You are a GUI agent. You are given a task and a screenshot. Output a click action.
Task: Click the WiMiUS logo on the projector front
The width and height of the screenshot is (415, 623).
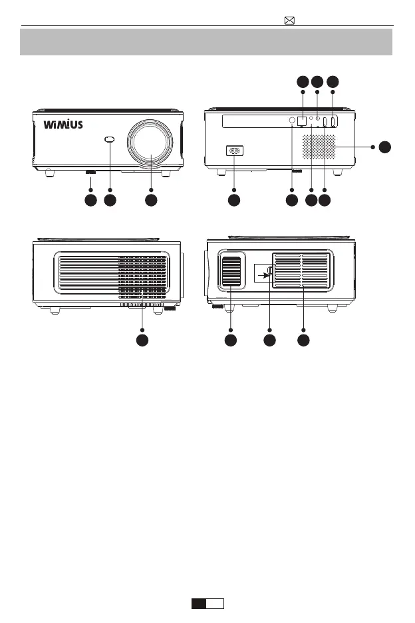(x=63, y=125)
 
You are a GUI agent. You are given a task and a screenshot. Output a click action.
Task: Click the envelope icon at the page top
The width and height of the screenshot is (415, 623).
(x=289, y=20)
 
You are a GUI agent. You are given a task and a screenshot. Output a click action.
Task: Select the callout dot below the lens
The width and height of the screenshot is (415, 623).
(x=151, y=200)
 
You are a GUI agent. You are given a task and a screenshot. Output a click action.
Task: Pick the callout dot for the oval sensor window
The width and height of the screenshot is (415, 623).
(x=110, y=200)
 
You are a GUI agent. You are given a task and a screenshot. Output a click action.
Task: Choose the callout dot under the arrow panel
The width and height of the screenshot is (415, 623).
(x=269, y=340)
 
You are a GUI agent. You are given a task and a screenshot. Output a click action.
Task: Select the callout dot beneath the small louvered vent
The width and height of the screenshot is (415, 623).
(x=230, y=340)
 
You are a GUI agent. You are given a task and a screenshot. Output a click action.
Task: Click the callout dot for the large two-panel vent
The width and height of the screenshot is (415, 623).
(x=303, y=340)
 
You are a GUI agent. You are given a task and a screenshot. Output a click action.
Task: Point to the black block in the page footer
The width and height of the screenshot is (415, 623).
(x=199, y=604)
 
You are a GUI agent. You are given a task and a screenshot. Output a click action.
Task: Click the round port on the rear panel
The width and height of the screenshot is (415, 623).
(x=292, y=121)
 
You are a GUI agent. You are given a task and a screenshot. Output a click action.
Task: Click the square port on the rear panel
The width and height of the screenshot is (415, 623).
(x=303, y=122)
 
